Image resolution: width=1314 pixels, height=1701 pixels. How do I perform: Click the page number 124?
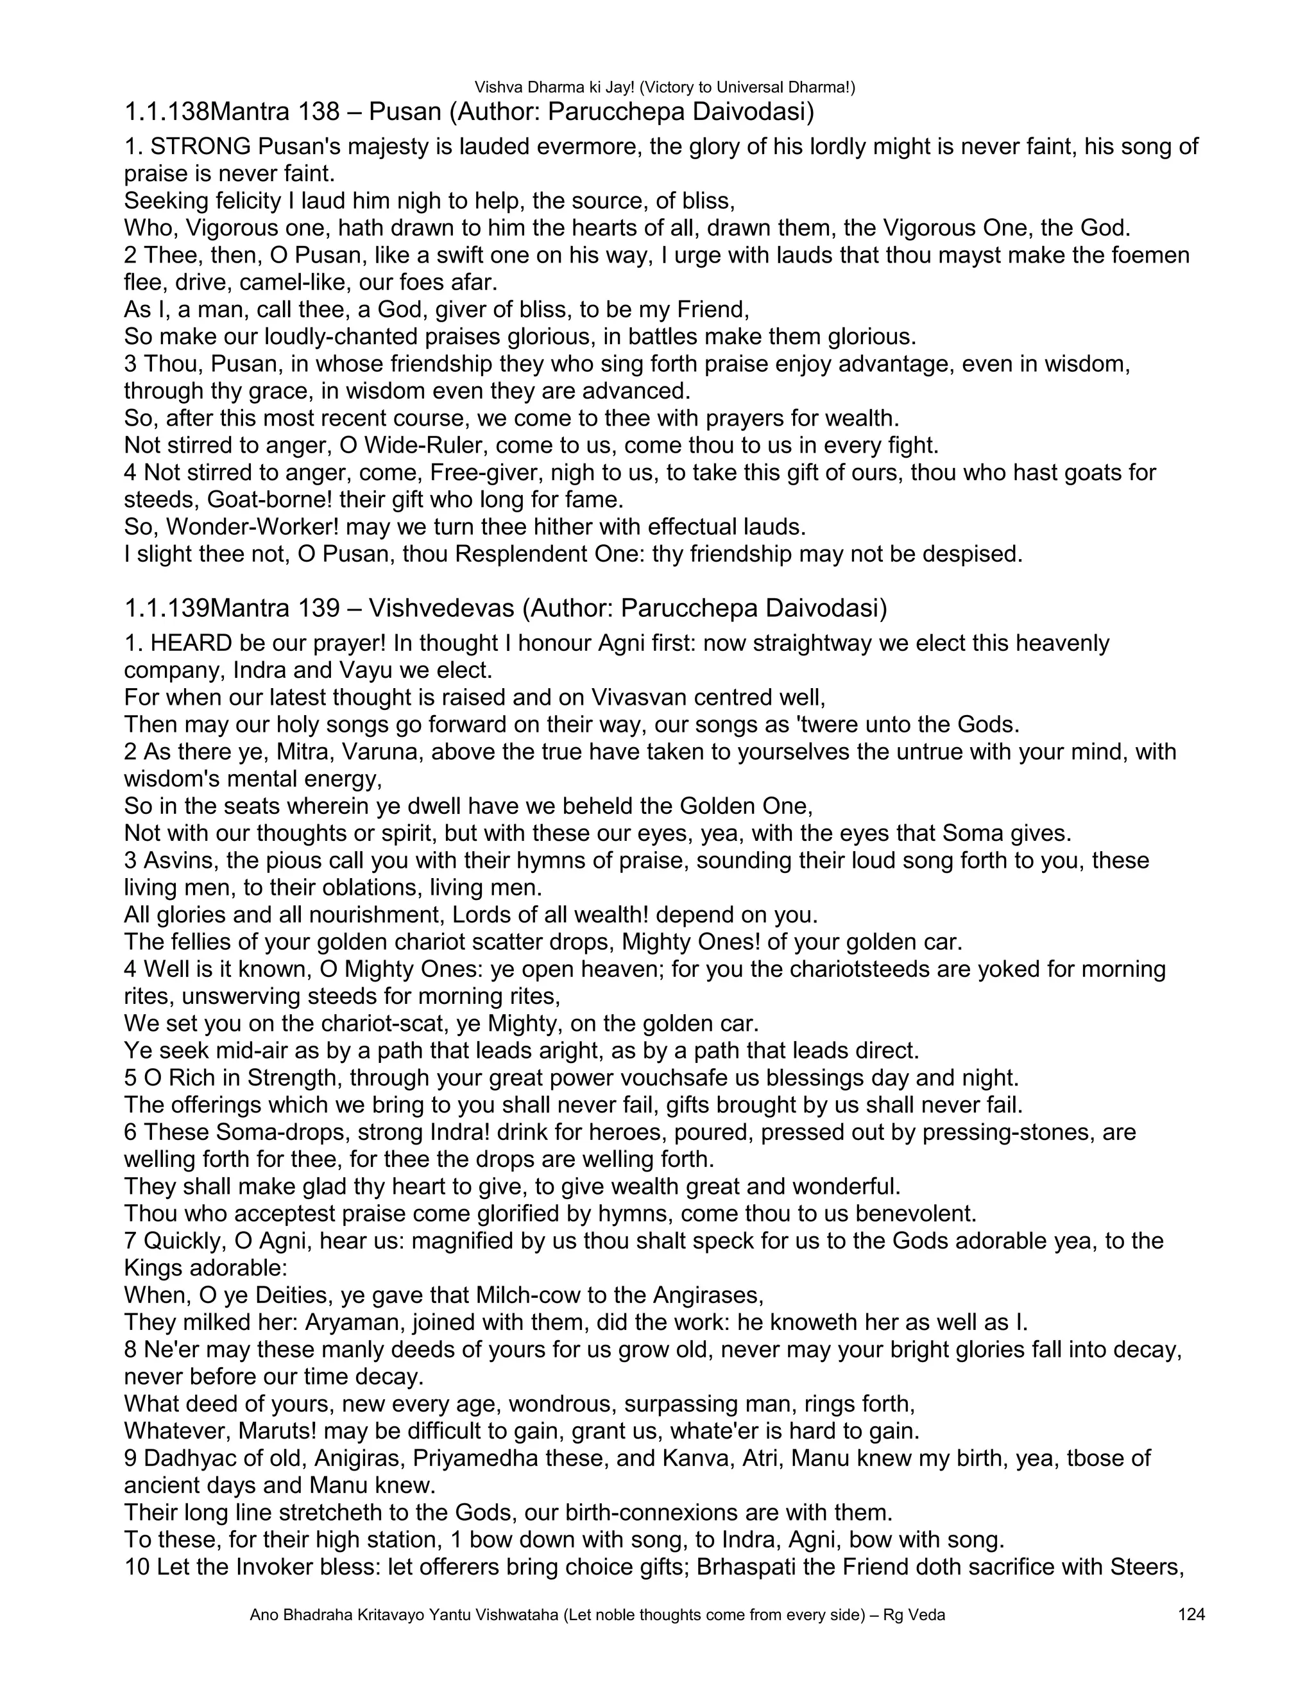(x=1191, y=1614)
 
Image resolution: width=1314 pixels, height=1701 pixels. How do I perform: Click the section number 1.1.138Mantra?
(x=232, y=112)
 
